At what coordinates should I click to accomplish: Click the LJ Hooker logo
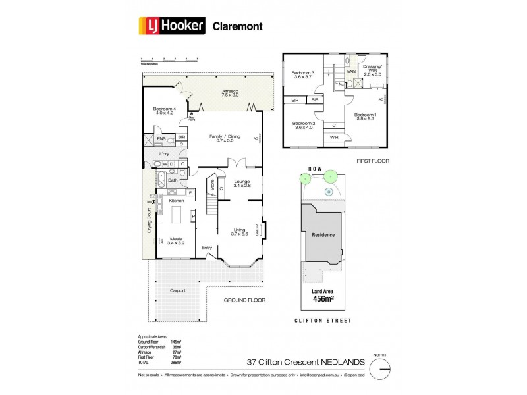click(173, 26)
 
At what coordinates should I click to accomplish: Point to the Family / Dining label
click(225, 138)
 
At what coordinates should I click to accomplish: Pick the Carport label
click(177, 290)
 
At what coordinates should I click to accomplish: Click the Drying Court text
click(150, 221)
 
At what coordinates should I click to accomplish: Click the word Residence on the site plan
click(323, 235)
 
